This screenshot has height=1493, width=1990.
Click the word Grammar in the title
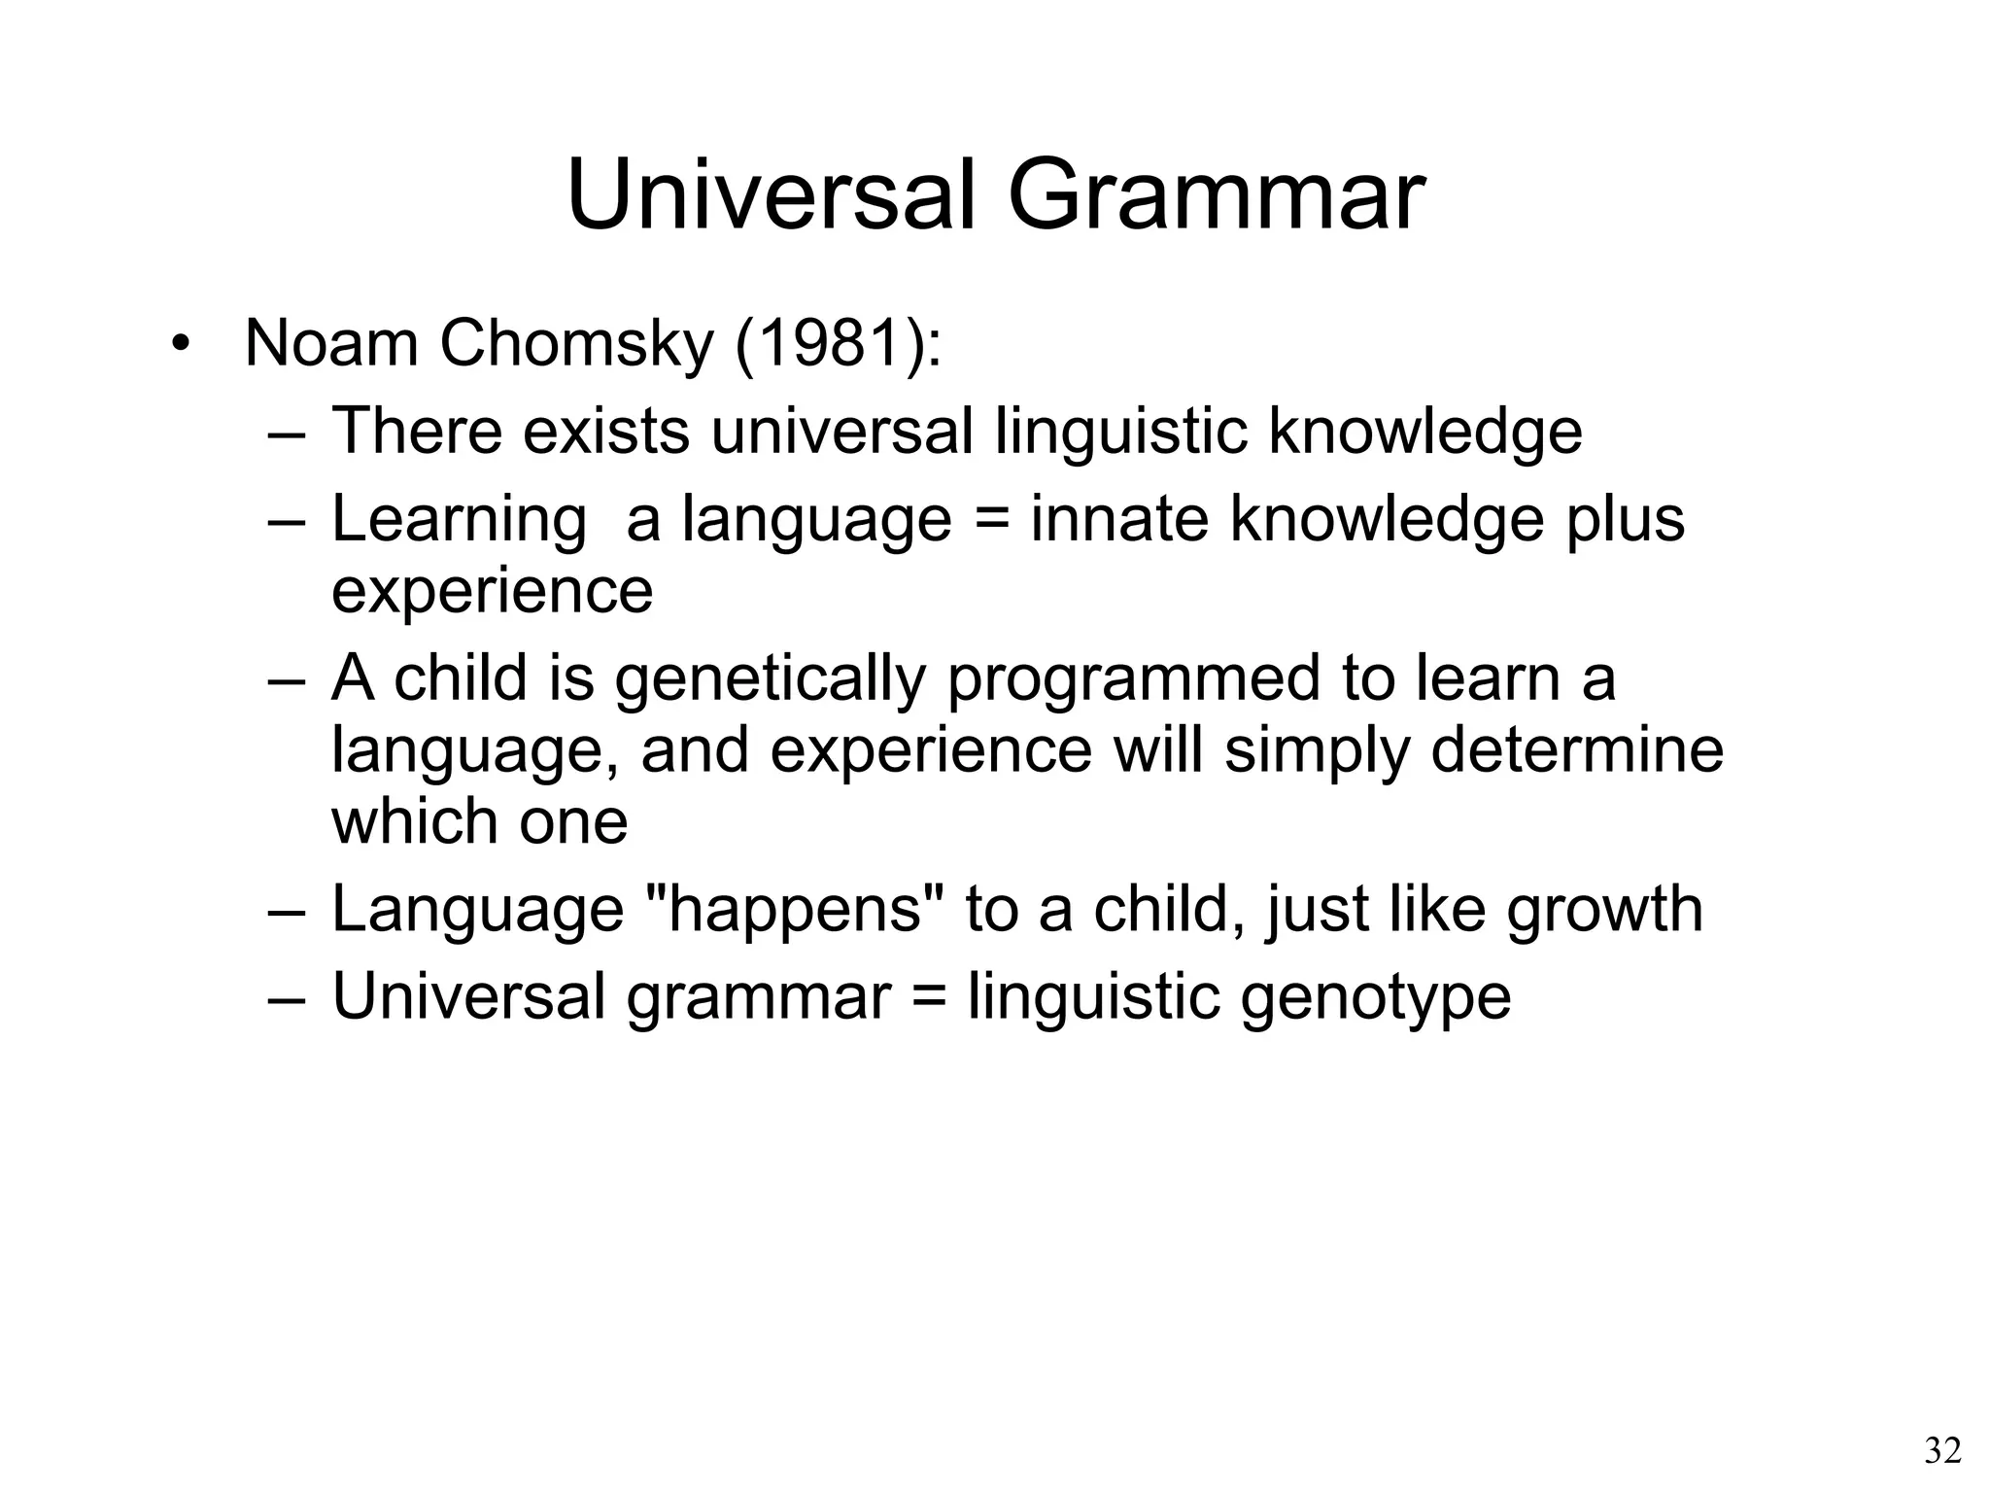(x=1216, y=197)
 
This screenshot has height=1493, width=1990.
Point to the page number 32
(x=1942, y=1451)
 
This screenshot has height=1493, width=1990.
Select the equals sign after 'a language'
(x=991, y=519)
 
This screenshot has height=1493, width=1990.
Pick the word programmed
(x=1133, y=677)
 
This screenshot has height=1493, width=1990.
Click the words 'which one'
(x=480, y=821)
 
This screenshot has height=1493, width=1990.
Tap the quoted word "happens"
(x=796, y=908)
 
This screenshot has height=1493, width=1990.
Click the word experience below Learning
(x=492, y=590)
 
